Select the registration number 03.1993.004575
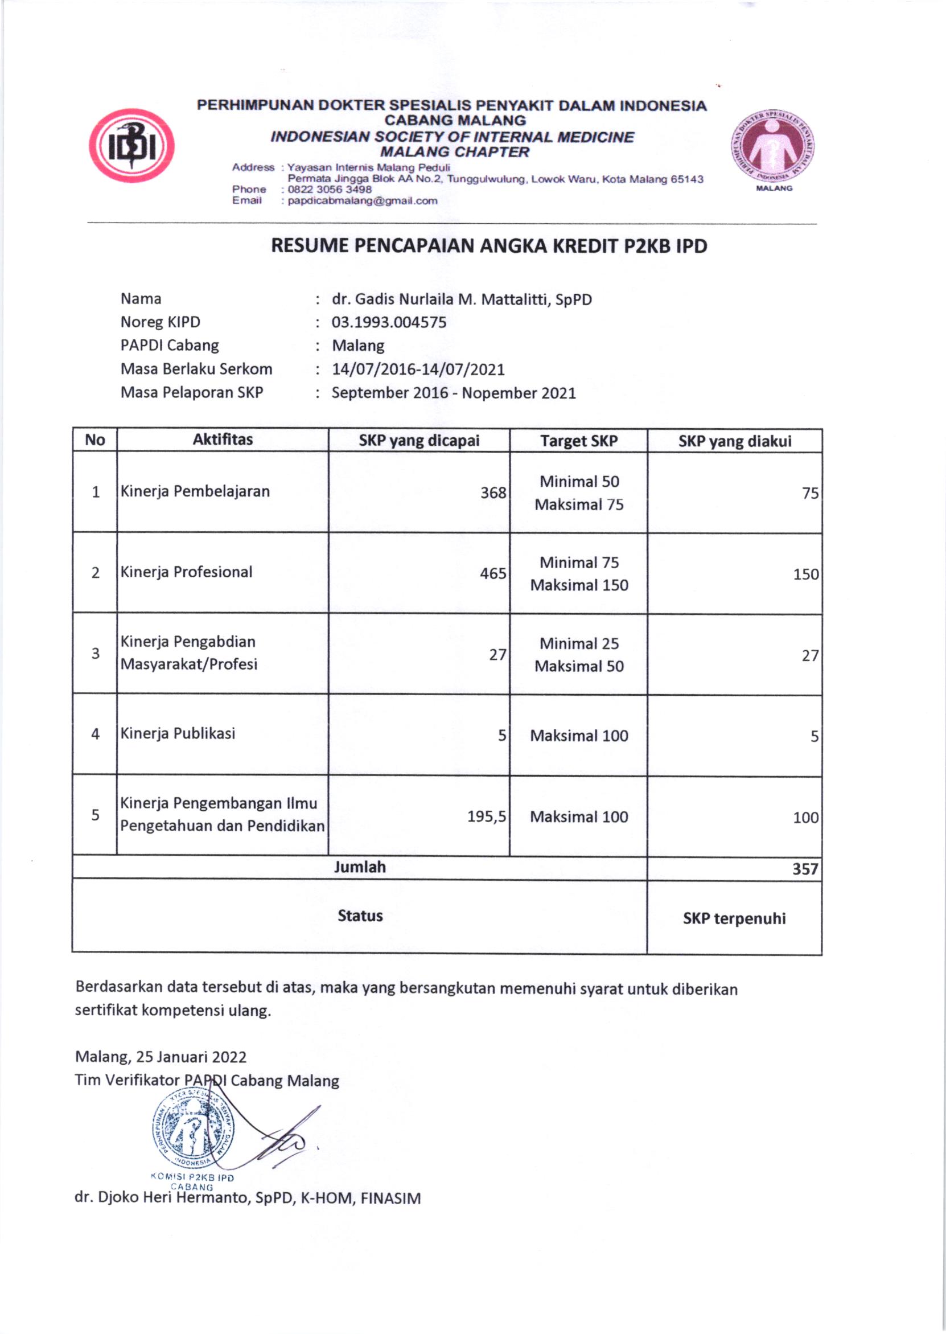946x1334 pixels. point(389,322)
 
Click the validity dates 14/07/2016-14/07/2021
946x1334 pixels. point(418,370)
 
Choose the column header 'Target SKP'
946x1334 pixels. point(578,441)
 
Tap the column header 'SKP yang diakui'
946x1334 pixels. point(735,441)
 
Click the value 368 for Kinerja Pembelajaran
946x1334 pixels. point(493,493)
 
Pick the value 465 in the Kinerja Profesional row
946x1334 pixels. point(493,574)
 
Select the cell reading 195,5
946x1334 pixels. point(487,816)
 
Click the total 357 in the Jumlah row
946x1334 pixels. point(805,869)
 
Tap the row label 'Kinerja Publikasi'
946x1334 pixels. point(178,733)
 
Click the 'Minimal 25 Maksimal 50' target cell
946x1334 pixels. point(579,655)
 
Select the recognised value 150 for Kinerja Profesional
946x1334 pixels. point(805,574)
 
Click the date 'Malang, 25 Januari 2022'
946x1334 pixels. point(161,1057)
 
